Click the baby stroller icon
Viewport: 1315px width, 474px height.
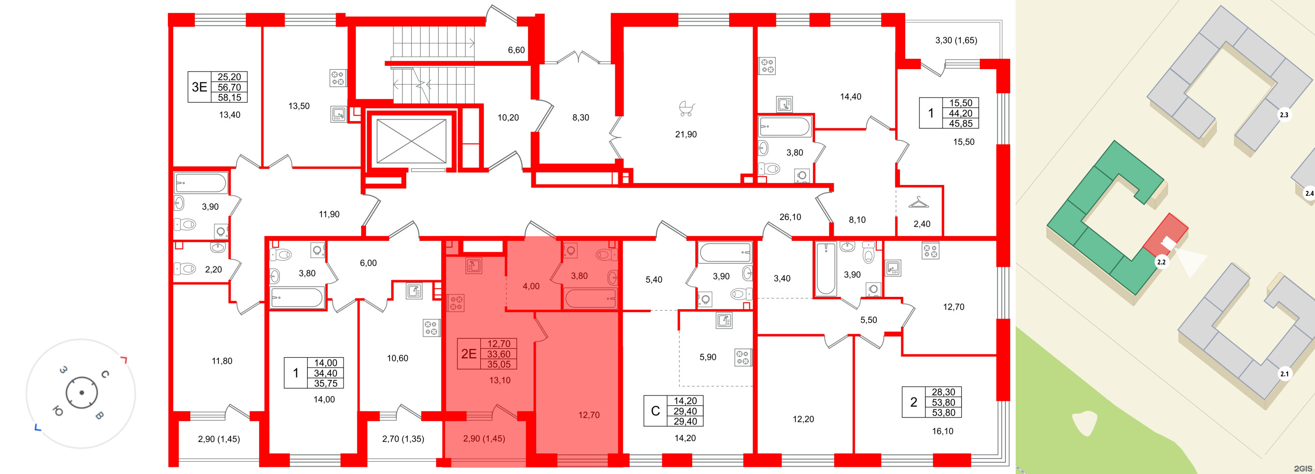pos(686,108)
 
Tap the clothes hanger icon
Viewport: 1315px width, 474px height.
pos(919,203)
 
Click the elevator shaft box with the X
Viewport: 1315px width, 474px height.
pos(411,141)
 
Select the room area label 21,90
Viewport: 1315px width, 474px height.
pos(685,134)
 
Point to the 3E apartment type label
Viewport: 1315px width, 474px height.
pos(199,87)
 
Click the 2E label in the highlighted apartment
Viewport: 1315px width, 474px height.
pos(469,354)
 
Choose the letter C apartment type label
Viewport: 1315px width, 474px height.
pos(656,411)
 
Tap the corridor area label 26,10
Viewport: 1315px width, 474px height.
pos(790,217)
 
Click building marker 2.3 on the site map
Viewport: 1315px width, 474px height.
pos(1283,115)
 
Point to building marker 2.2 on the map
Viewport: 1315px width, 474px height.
pos(1161,262)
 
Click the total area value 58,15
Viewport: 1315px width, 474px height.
pos(229,98)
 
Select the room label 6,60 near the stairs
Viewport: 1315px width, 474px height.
pos(516,50)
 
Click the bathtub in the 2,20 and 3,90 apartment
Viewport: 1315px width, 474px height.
pos(201,183)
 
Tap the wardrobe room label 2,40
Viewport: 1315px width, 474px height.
pos(921,223)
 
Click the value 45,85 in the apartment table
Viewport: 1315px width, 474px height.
pos(960,124)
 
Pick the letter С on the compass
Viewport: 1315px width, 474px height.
pos(105,374)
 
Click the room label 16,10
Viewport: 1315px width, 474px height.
pos(943,431)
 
